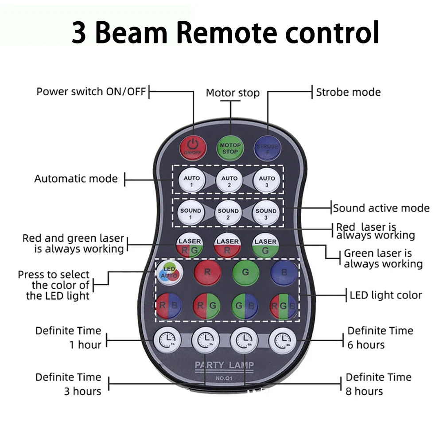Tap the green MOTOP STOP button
230,148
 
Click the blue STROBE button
268,148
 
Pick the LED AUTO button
169,272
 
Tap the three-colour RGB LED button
284,306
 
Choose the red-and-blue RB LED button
168,306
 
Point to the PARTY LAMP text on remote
225,365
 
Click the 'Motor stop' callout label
233,93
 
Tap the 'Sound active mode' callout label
381,208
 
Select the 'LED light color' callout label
386,295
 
